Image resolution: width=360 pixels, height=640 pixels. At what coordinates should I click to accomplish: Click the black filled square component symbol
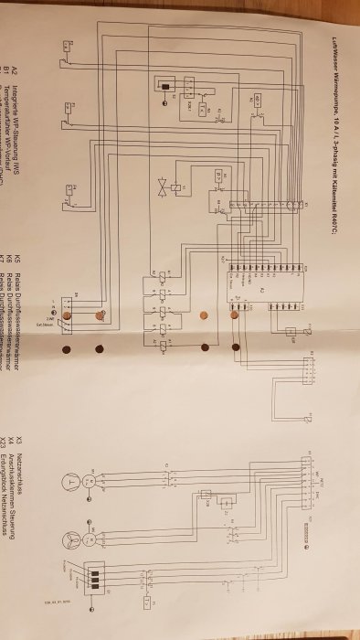click(x=165, y=87)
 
